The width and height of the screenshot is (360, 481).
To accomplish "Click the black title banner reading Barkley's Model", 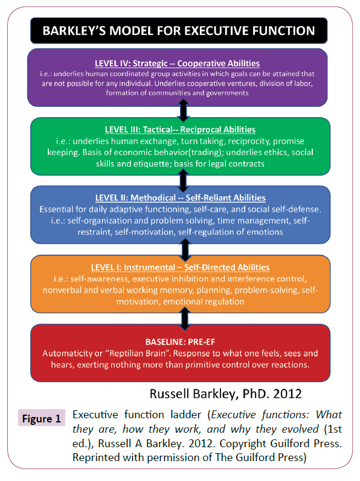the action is click(x=179, y=31).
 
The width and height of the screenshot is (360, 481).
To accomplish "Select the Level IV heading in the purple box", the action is click(x=177, y=63).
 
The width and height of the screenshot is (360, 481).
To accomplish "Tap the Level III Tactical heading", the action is click(x=180, y=129).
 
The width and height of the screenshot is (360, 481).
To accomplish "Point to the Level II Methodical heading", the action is click(x=181, y=198).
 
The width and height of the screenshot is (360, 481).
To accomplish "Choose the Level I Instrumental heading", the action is click(x=180, y=267).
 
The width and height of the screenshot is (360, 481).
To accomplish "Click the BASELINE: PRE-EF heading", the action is click(x=180, y=342).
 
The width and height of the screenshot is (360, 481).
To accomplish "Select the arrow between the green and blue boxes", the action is click(x=183, y=180).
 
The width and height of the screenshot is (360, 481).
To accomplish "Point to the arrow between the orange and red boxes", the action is click(x=184, y=319).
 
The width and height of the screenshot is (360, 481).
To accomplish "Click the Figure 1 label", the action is click(x=42, y=419).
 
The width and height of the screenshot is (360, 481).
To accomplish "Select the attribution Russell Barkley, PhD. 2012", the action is click(x=225, y=394).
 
